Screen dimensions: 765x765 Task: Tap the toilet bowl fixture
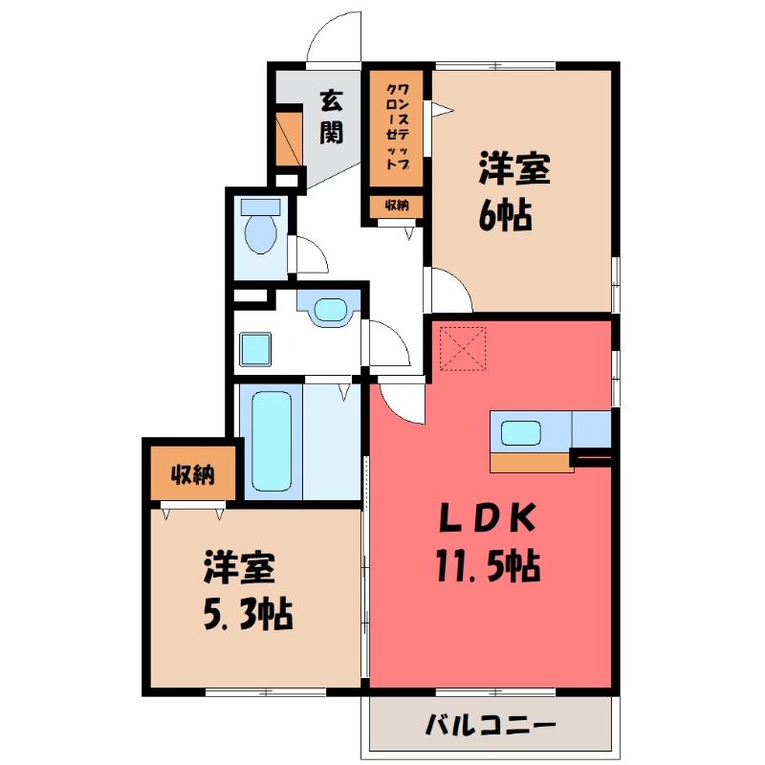pyautogui.click(x=261, y=226)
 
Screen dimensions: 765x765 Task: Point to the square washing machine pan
pyautogui.click(x=255, y=349)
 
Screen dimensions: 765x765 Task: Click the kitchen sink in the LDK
pyautogui.click(x=521, y=433)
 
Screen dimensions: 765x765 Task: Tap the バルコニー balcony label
pyautogui.click(x=491, y=727)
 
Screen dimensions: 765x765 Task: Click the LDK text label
pyautogui.click(x=488, y=519)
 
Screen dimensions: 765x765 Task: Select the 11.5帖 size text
pyautogui.click(x=488, y=566)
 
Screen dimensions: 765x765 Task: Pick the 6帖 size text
pyautogui.click(x=505, y=215)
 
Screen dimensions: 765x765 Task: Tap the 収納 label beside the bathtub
pyautogui.click(x=193, y=473)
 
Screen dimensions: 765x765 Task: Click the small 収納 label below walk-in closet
pyautogui.click(x=397, y=206)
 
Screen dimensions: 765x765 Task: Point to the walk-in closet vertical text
pyautogui.click(x=397, y=127)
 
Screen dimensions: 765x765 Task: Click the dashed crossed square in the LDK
pyautogui.click(x=463, y=349)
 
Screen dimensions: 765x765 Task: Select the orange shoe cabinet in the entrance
pyautogui.click(x=290, y=139)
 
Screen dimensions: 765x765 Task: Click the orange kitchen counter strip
pyautogui.click(x=532, y=462)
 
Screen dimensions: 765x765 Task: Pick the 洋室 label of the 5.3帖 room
pyautogui.click(x=240, y=567)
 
